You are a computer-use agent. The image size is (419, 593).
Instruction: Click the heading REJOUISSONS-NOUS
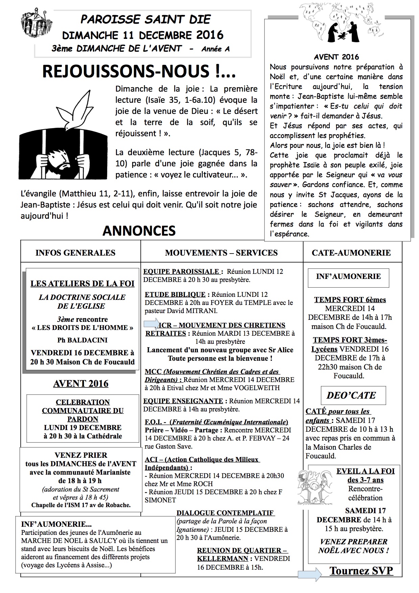coord(139,72)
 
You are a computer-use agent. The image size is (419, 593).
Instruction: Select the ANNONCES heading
coord(139,231)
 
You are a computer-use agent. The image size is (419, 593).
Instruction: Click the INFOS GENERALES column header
coord(75,253)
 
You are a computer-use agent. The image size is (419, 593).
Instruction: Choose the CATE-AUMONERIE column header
coord(351,253)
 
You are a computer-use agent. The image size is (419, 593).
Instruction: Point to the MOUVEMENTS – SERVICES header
coord(221,253)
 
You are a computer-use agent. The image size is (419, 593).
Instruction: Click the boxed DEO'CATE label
coord(351,395)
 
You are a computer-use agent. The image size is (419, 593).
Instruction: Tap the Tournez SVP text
coord(361,571)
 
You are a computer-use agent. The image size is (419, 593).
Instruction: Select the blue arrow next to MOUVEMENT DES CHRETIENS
coord(152,324)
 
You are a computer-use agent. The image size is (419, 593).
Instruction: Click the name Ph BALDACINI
coord(82,340)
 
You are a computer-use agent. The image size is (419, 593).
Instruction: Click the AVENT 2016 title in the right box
coord(336,57)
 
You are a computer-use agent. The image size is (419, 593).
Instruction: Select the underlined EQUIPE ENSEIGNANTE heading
coord(183,401)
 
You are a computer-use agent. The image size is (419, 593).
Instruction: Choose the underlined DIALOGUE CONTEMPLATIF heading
coord(225,513)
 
